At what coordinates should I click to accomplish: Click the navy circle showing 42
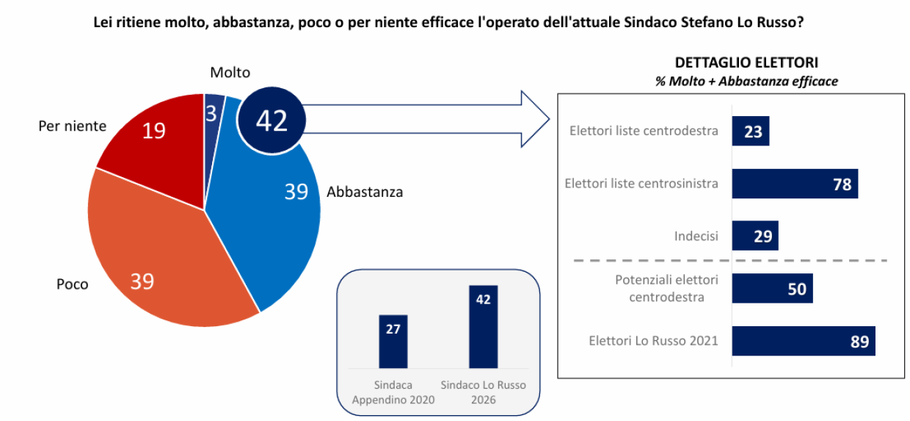272,120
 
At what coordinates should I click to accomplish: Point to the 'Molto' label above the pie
230,73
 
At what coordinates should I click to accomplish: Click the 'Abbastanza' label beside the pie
365,192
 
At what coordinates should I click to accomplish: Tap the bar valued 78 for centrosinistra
795,184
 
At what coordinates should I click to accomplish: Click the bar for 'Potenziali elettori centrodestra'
772,289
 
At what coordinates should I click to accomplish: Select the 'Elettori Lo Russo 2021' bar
804,341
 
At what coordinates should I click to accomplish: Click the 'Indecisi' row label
696,237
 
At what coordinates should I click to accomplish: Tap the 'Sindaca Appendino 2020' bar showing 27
393,342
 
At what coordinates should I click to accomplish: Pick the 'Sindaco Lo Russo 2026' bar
484,327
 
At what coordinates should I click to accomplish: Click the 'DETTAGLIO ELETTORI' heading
746,63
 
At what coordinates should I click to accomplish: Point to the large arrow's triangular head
535,117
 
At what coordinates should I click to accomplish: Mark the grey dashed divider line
722,260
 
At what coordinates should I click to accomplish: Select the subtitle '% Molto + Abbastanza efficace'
746,82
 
